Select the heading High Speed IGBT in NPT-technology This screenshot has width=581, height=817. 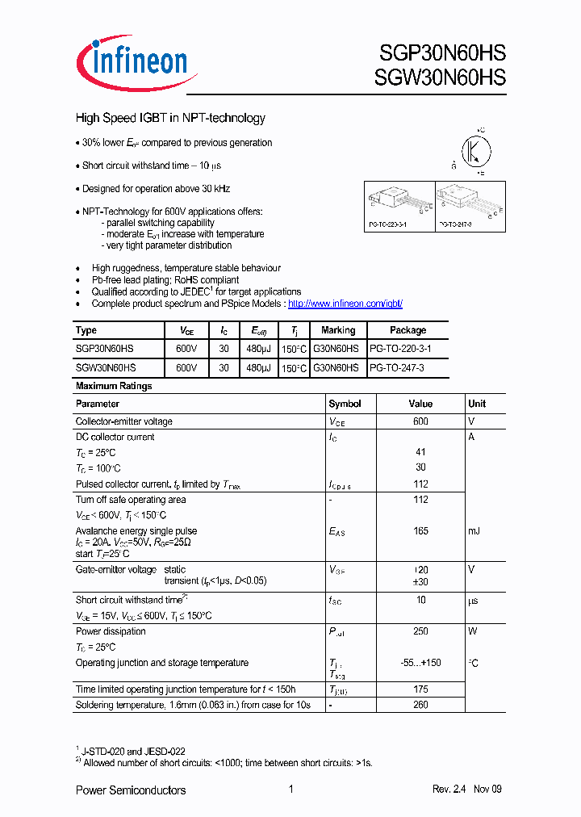(x=170, y=118)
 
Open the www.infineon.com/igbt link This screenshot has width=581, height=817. (x=345, y=304)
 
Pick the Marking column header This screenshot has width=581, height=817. (x=337, y=330)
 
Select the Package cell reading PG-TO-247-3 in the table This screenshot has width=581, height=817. (x=397, y=367)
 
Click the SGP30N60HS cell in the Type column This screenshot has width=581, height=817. (x=105, y=348)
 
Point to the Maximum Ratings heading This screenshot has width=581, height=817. (x=114, y=386)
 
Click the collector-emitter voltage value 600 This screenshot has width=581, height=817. (x=420, y=421)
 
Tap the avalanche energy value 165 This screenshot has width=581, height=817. (x=420, y=531)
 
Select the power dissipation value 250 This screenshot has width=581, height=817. (x=420, y=631)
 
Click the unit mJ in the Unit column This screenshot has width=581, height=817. (x=474, y=531)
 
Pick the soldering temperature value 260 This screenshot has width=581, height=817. (x=420, y=704)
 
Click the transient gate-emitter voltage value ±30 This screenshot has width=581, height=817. (x=420, y=581)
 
